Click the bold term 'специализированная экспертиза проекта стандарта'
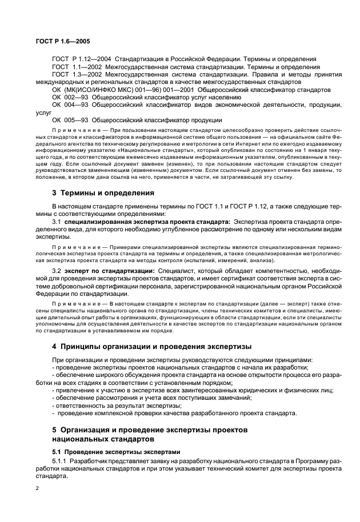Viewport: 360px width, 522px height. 147,220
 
